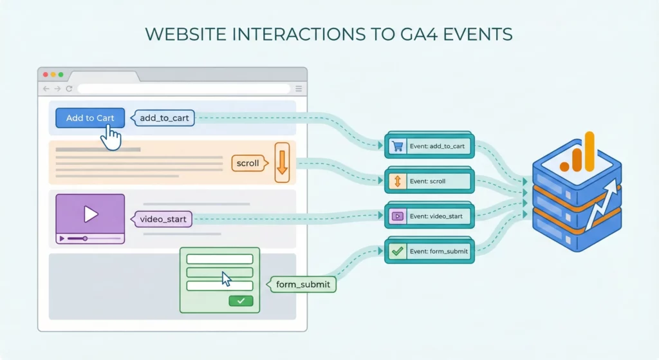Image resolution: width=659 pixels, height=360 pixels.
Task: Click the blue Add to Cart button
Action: point(89,118)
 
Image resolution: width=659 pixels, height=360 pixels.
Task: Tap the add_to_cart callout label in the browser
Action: point(163,118)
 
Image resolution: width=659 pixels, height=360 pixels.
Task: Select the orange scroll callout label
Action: point(248,163)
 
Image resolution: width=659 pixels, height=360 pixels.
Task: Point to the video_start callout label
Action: point(163,219)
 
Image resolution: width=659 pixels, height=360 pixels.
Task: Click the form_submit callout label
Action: point(302,284)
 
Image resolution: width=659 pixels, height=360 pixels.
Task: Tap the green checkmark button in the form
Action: point(241,301)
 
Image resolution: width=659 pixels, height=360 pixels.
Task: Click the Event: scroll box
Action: point(430,182)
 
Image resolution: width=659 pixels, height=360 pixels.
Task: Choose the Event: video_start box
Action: point(430,216)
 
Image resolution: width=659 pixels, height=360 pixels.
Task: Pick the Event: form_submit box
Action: point(430,251)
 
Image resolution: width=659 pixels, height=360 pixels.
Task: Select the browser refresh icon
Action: point(69,88)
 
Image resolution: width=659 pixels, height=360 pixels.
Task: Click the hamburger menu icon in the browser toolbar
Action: point(298,88)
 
